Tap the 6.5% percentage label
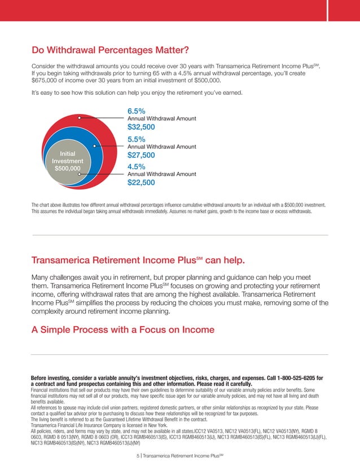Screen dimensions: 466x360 pos(137,111)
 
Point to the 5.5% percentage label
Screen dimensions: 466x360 pos(137,139)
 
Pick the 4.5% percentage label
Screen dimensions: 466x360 pos(137,166)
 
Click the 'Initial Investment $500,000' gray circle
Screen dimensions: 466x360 pos(67,160)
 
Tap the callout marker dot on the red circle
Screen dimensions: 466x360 pos(80,118)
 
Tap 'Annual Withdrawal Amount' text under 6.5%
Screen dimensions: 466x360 pos(162,118)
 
